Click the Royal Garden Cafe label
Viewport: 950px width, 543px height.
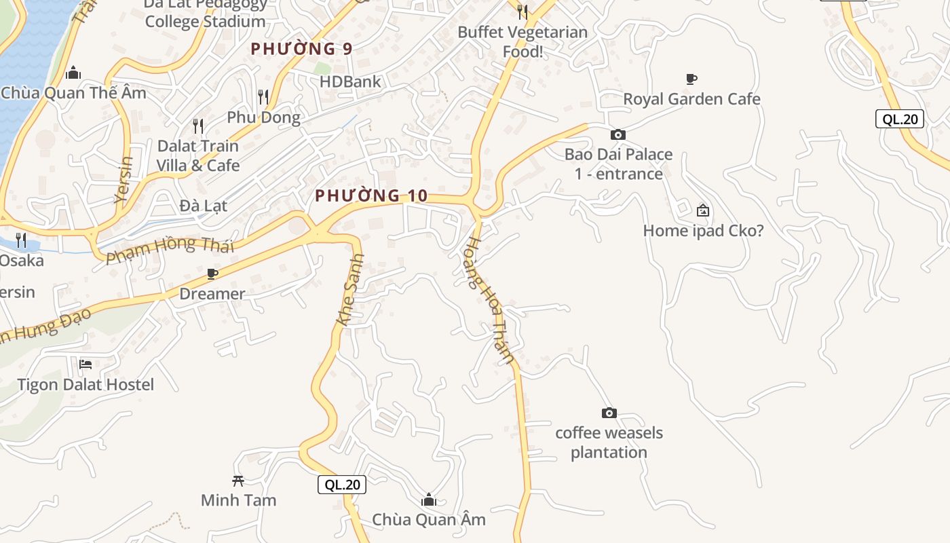691,99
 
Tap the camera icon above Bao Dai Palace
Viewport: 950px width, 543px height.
617,134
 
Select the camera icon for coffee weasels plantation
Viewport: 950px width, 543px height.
609,413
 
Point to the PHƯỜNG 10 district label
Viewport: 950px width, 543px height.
371,196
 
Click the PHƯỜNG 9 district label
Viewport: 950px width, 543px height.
301,49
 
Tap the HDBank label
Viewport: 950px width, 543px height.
350,82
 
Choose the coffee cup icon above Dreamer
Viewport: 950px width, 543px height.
212,274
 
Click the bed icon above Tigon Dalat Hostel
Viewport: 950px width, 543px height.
85,364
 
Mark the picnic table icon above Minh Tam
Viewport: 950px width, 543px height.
237,481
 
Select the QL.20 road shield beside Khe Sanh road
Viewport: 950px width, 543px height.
342,485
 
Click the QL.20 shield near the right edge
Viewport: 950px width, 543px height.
900,119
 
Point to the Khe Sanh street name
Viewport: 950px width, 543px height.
350,290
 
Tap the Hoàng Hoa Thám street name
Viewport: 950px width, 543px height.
491,301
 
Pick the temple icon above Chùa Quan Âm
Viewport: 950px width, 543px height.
428,500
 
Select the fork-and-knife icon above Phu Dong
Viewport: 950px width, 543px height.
263,97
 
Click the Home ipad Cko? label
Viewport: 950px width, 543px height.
703,231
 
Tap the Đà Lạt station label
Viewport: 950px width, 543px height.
204,205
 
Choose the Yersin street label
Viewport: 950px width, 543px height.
123,180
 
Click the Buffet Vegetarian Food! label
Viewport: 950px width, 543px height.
522,41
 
